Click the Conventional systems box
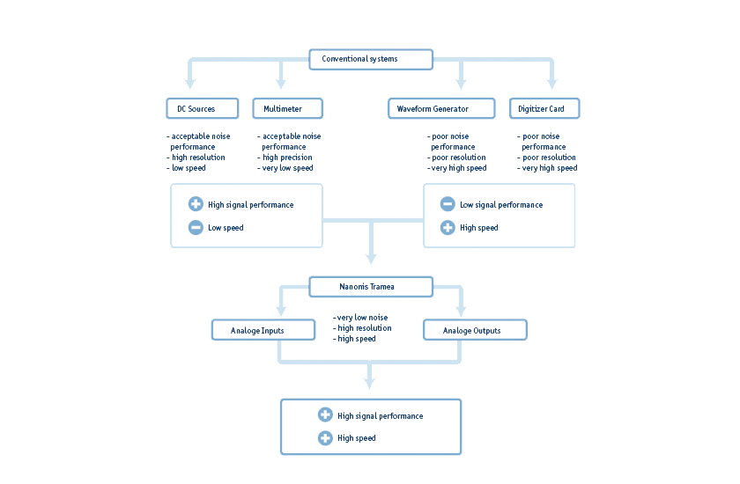tap(371, 60)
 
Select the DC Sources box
tap(203, 109)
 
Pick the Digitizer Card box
tap(544, 109)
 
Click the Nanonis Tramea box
tap(371, 287)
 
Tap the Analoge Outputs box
tap(475, 331)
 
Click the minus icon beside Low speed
tap(196, 228)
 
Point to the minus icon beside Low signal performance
tap(448, 204)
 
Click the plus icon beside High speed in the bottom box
tap(325, 438)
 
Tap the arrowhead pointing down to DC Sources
tap(190, 84)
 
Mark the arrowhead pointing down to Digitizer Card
tap(552, 84)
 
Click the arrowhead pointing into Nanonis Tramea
tap(371, 259)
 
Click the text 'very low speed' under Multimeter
tap(287, 168)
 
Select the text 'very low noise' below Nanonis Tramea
tap(362, 318)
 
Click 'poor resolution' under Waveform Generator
tap(457, 158)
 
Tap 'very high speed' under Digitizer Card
tap(549, 168)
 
